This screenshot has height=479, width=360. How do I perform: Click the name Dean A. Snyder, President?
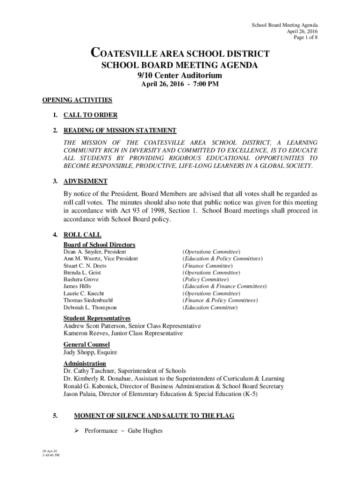tap(95, 252)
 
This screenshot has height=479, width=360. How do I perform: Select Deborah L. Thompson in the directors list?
tap(90, 308)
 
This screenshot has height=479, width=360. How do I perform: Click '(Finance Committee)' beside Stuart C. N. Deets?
tap(206, 266)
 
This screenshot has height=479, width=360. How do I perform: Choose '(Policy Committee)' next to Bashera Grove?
tap(205, 279)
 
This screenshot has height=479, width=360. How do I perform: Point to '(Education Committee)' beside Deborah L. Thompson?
tap(210, 308)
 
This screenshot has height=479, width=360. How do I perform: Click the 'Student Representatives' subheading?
tap(97, 319)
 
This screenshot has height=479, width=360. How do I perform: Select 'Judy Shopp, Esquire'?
tap(90, 352)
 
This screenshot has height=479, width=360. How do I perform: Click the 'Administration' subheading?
tap(85, 363)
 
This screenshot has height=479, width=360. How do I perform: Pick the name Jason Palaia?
tap(80, 394)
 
